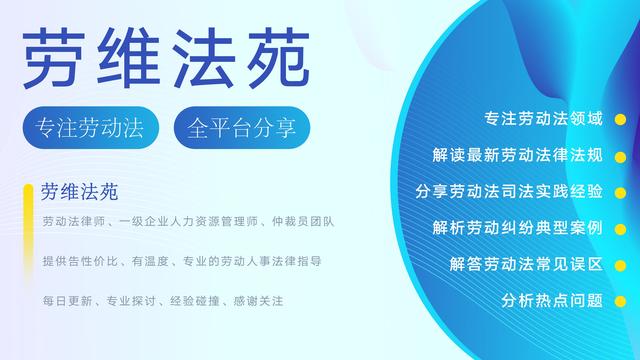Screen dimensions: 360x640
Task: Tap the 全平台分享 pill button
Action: coord(242,128)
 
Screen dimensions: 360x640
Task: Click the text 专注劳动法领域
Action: coord(542,119)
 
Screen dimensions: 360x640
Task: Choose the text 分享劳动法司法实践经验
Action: coord(508,191)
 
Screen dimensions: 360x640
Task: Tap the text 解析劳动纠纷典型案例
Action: coord(517,228)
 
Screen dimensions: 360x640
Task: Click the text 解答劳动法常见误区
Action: coord(525,264)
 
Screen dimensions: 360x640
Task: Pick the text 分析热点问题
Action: coord(551,300)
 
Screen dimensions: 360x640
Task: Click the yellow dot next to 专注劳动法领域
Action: coord(620,122)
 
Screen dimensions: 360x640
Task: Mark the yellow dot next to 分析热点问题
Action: coord(620,301)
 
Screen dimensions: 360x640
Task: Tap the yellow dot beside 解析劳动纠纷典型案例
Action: coord(620,230)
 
